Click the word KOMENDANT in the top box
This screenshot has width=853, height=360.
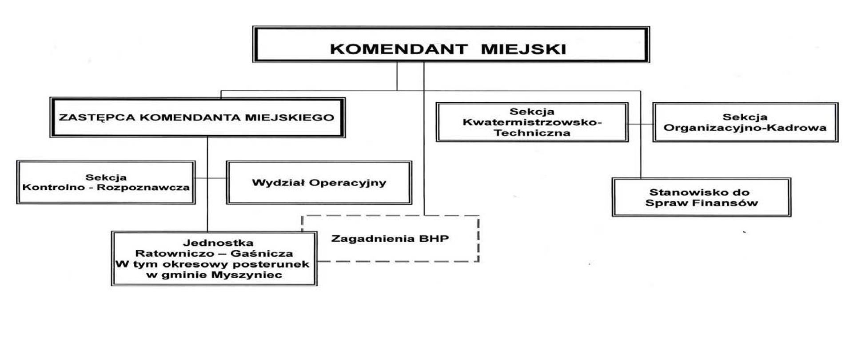[x=399, y=48]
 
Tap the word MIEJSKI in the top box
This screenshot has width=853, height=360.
[x=523, y=48]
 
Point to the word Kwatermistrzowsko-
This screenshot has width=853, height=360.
[x=532, y=122]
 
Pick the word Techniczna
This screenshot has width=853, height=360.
[x=532, y=133]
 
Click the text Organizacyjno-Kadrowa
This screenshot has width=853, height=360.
[x=745, y=128]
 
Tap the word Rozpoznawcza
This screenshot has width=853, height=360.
[x=143, y=187]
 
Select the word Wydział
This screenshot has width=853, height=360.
[x=278, y=183]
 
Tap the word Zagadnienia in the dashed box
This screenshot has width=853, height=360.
[x=371, y=239]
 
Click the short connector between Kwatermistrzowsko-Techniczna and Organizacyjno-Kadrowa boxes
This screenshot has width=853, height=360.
[x=640, y=124]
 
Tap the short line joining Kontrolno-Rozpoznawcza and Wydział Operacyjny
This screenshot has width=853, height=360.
[x=211, y=178]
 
